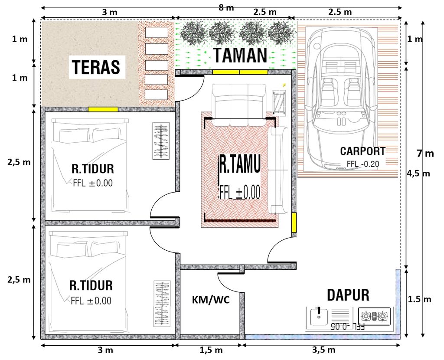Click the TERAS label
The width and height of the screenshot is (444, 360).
(x=96, y=67)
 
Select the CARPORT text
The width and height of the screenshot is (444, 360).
(x=362, y=151)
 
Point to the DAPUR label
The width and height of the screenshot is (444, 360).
(x=348, y=295)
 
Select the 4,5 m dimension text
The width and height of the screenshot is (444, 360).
(x=418, y=173)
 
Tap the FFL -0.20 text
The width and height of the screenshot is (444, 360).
(x=362, y=164)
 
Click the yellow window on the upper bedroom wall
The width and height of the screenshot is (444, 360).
(x=103, y=109)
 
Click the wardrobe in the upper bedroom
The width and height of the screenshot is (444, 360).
(x=161, y=141)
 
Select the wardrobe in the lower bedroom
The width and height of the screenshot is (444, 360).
(x=162, y=304)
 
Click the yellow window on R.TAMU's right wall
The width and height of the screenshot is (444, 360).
(x=294, y=222)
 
